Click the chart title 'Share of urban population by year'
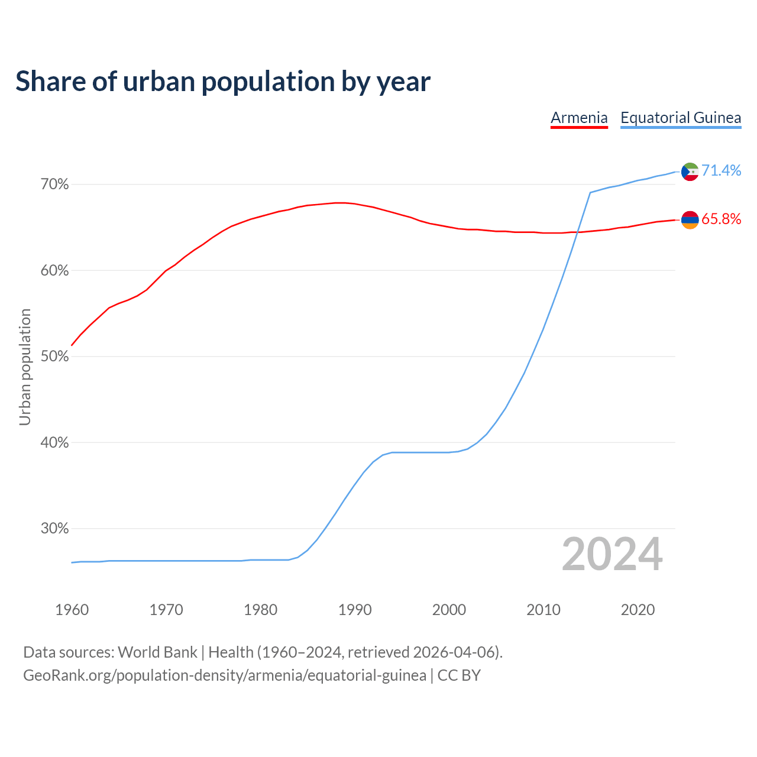pyautogui.click(x=223, y=82)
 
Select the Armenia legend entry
pyautogui.click(x=579, y=118)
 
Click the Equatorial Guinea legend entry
pyautogui.click(x=681, y=118)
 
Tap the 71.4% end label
pyautogui.click(x=721, y=170)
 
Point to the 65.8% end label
pyautogui.click(x=721, y=219)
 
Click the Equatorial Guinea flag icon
pyautogui.click(x=690, y=172)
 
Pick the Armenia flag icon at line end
pyautogui.click(x=690, y=220)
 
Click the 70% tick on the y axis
pyautogui.click(x=54, y=185)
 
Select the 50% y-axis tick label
pyautogui.click(x=54, y=357)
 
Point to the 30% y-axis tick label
pyautogui.click(x=54, y=529)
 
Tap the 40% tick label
pyautogui.click(x=54, y=442)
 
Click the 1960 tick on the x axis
pyautogui.click(x=72, y=610)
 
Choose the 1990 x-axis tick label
pyautogui.click(x=355, y=610)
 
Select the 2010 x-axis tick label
pyautogui.click(x=544, y=610)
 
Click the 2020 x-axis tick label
pyautogui.click(x=638, y=610)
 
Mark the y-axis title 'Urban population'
pyautogui.click(x=25, y=367)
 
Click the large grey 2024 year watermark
pyautogui.click(x=612, y=555)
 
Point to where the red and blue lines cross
pyautogui.click(x=577, y=232)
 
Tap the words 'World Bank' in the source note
pyautogui.click(x=157, y=652)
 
